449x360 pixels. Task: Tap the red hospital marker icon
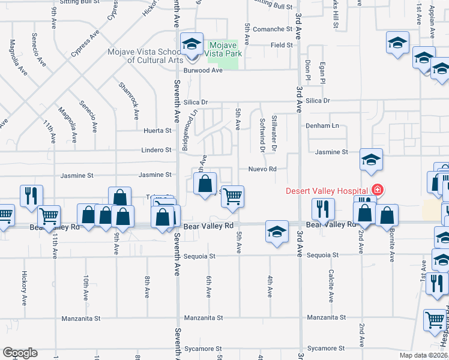point(377,190)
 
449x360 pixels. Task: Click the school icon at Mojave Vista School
point(191,44)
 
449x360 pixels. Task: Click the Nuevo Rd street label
point(262,169)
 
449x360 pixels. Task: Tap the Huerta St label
point(158,130)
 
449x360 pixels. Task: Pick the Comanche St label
point(272,29)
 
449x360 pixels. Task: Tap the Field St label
point(281,45)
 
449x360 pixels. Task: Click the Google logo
point(20,353)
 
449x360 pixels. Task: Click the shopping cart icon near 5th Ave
point(232,196)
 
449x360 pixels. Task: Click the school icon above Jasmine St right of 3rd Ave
point(372,160)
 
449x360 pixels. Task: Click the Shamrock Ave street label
point(128,98)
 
